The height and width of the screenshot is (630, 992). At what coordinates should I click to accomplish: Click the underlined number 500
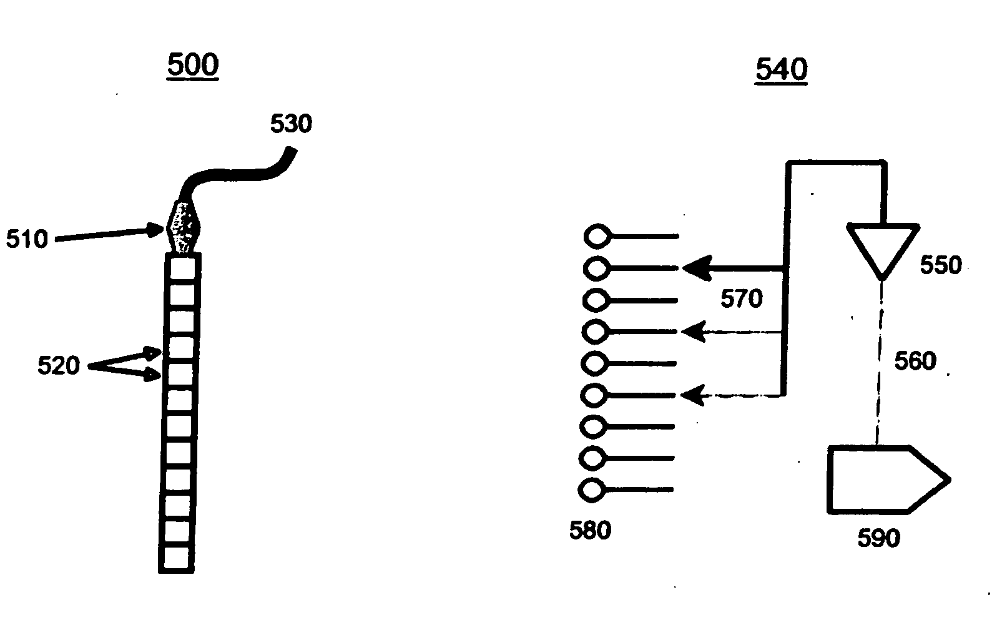pos(193,65)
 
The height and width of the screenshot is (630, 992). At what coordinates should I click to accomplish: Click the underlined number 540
pos(781,69)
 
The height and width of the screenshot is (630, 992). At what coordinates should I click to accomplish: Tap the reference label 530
pos(291,124)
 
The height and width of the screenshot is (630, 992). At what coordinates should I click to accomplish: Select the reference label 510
pos(27,239)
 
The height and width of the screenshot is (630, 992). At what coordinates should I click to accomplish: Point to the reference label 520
pos(59,365)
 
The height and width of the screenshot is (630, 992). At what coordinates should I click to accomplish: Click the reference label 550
pos(940,265)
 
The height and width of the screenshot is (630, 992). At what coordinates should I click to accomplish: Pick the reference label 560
pos(916,361)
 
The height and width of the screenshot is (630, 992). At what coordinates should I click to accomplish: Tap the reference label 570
pos(742,299)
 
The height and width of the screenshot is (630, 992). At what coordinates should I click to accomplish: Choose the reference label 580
pos(590,531)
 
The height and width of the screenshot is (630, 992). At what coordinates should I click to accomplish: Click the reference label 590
pos(878,538)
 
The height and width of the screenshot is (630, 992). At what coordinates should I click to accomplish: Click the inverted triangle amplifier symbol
pos(882,247)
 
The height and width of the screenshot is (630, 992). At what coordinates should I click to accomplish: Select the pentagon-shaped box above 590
pos(883,480)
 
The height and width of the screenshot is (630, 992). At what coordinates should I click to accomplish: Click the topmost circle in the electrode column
pos(597,236)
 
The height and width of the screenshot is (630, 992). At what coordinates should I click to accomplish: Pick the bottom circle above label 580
pos(591,490)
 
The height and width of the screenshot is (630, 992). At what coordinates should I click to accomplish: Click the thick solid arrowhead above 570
pos(697,268)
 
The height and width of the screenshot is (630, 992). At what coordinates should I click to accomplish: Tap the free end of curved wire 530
pos(290,150)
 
